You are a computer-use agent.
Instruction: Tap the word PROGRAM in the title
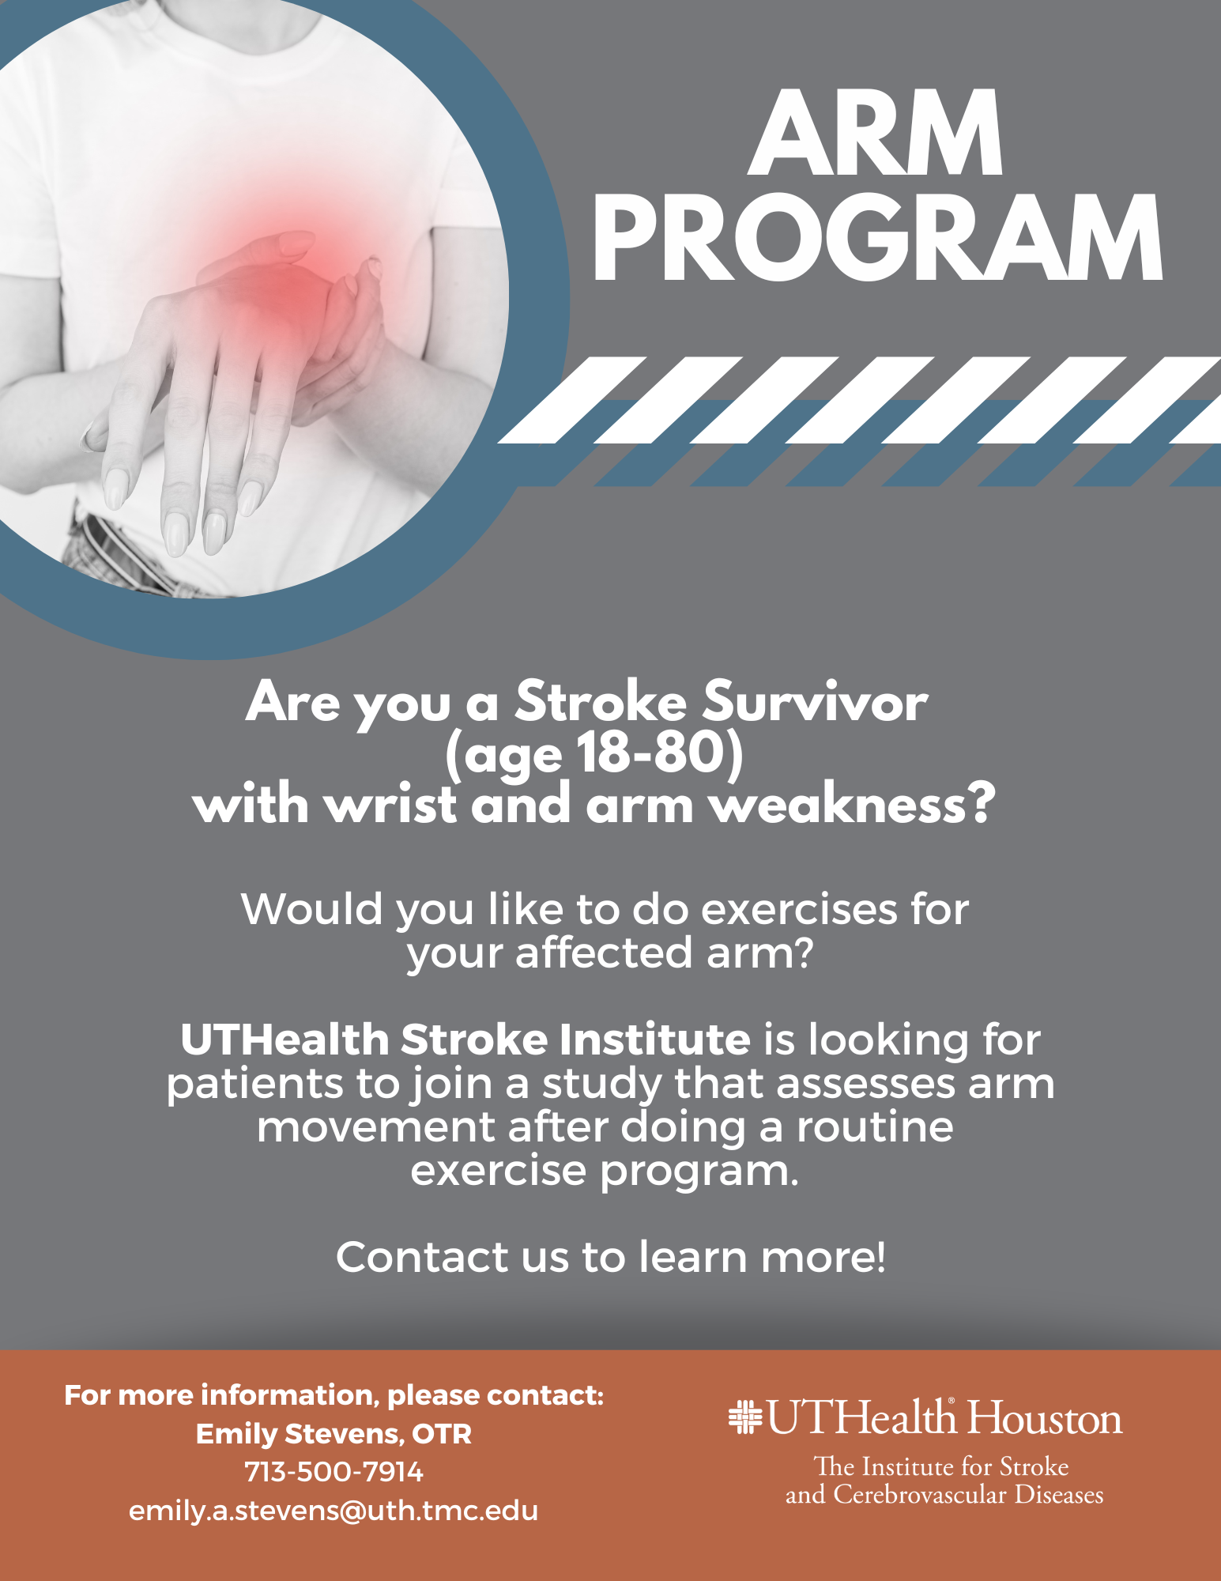pyautogui.click(x=877, y=238)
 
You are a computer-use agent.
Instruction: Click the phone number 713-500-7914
pyautogui.click(x=334, y=1472)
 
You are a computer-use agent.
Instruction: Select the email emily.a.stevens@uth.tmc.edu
pyautogui.click(x=334, y=1511)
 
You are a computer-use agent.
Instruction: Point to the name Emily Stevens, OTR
pyautogui.click(x=334, y=1434)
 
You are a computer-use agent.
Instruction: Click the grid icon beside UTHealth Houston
pyautogui.click(x=744, y=1417)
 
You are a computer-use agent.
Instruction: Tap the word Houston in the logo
pyautogui.click(x=1045, y=1417)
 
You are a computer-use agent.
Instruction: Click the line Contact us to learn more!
pyautogui.click(x=611, y=1257)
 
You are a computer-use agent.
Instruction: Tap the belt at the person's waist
pyautogui.click(x=126, y=553)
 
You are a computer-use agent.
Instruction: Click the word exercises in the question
pyautogui.click(x=799, y=909)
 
